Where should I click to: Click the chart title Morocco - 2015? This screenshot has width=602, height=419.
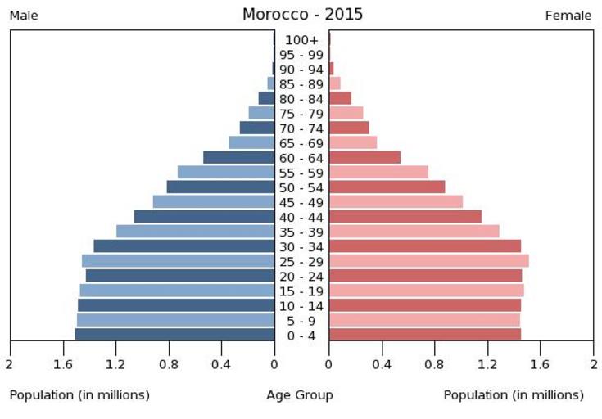302,15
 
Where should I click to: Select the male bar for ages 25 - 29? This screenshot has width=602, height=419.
178,261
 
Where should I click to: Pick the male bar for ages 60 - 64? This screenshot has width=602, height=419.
238,157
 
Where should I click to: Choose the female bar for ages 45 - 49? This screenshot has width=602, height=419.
396,202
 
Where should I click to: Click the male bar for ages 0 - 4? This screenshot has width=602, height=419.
174,335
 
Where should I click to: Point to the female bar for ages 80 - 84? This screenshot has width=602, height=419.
340,98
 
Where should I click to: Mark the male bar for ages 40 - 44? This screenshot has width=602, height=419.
204,217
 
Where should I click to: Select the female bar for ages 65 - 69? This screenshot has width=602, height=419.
352,142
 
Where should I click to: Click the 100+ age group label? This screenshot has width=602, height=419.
301,40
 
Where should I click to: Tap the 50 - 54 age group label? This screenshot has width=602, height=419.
301,187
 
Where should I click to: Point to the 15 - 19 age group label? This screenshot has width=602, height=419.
301,291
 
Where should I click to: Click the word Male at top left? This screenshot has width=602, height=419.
24,16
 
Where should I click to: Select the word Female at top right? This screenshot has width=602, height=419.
568,16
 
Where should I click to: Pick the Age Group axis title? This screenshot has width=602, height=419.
300,395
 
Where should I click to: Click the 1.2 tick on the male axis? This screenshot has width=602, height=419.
115,363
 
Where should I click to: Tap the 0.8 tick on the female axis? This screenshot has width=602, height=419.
435,363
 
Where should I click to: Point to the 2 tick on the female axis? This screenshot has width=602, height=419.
593,363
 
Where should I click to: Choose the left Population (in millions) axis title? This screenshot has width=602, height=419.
79,395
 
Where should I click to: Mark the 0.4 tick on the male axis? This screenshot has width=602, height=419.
221,363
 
